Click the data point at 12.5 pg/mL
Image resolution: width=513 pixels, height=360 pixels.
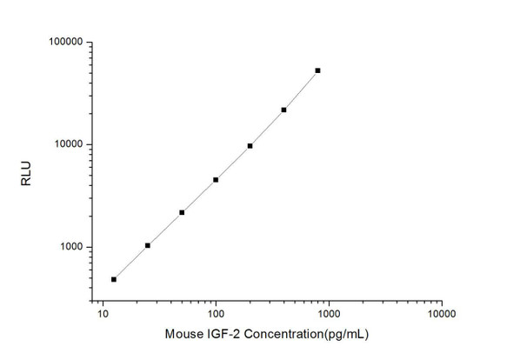114,279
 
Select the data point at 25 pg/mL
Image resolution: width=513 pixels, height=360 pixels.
148,245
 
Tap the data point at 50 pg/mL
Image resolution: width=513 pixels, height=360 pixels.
182,212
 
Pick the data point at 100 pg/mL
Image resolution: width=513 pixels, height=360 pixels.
216,180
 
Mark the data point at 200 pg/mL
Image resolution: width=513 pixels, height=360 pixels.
250,146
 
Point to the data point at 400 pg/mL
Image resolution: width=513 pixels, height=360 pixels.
283,110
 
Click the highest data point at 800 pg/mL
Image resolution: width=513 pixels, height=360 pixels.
317,70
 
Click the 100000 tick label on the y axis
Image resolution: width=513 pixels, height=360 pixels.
64,42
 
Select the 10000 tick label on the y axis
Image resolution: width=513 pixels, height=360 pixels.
68,144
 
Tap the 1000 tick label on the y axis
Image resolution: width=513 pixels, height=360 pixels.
70,247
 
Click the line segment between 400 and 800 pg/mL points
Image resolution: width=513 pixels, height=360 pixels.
301,90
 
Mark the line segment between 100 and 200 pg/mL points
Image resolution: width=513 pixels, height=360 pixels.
233,163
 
